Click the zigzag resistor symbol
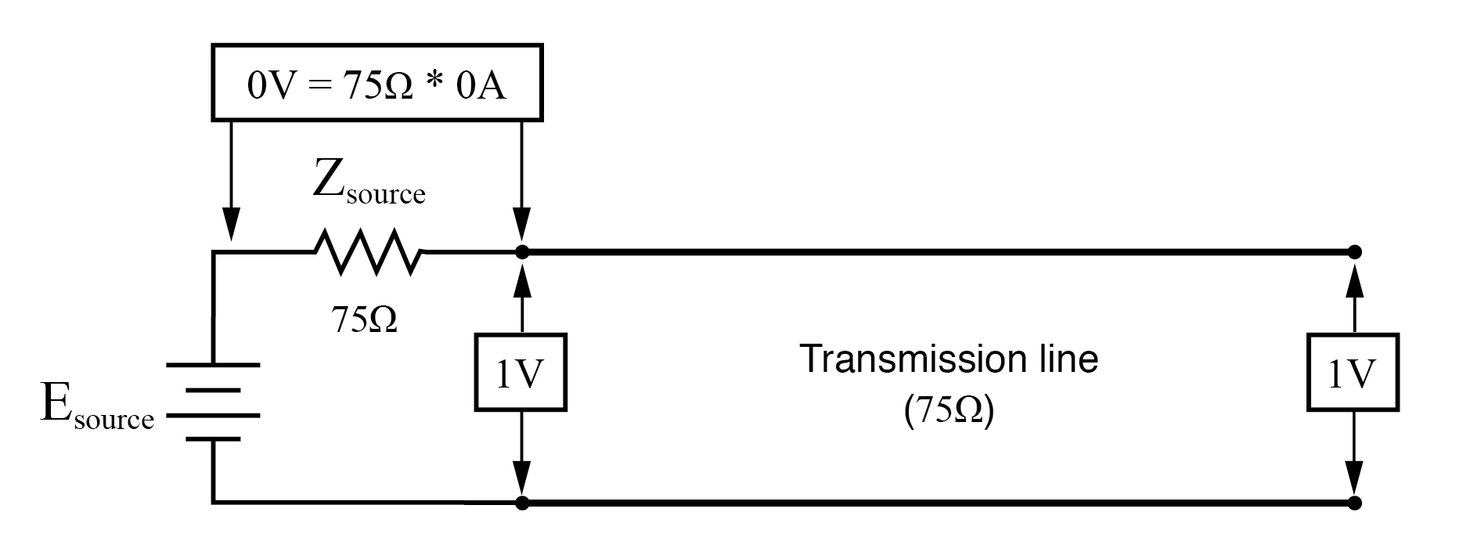coord(368,251)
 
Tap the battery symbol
coord(212,402)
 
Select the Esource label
coord(96,406)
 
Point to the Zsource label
coord(368,183)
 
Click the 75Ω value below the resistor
coord(364,319)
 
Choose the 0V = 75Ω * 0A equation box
coord(377,83)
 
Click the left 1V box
coord(521,373)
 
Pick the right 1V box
coord(1353,373)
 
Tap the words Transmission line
coord(949,359)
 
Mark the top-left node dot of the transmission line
coord(523,252)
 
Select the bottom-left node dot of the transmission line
coord(523,502)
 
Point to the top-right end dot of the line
coord(1355,252)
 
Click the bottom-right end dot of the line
coord(1355,502)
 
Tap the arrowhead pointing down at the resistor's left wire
coord(230,225)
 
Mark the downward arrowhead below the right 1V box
coord(1355,476)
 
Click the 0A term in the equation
coord(481,84)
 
